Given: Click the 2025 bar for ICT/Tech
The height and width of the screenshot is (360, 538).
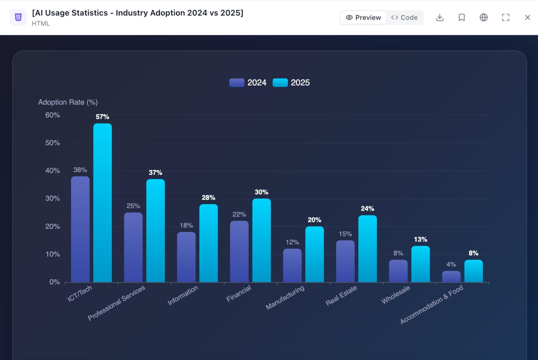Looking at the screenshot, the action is [x=103, y=203].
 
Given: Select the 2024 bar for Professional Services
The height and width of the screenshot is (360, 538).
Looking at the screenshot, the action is [x=133, y=247].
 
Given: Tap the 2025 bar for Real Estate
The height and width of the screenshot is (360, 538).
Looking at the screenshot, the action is [x=367, y=249].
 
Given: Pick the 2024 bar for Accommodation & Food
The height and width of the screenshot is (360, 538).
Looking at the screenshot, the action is [x=451, y=276].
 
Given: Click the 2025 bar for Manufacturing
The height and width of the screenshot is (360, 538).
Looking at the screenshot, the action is [x=315, y=254].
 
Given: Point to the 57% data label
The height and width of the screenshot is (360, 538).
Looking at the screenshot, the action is [x=103, y=117].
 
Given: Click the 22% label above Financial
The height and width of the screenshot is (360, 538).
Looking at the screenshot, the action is [x=239, y=214].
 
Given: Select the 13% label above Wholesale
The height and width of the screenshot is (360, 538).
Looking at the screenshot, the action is [x=421, y=239].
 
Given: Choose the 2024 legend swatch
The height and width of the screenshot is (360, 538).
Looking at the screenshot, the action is [x=237, y=82].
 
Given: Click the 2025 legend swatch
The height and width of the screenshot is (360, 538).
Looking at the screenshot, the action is [x=280, y=82].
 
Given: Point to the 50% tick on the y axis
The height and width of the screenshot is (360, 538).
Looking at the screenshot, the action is [x=53, y=143].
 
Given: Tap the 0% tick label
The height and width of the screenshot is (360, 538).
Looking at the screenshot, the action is [x=55, y=282].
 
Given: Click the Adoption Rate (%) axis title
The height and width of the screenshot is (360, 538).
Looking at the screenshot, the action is [x=68, y=102].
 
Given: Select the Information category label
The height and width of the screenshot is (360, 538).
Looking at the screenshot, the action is [x=183, y=295].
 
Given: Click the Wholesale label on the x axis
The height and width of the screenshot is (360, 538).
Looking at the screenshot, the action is [x=395, y=295].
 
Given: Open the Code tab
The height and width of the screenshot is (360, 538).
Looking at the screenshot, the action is [x=405, y=18].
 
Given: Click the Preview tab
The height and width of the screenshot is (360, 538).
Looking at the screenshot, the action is [x=363, y=18].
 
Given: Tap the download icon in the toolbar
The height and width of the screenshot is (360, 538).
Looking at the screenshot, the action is [x=440, y=18].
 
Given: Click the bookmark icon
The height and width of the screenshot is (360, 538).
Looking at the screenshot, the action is [x=462, y=18].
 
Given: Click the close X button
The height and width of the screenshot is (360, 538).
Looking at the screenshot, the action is [x=527, y=18].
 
